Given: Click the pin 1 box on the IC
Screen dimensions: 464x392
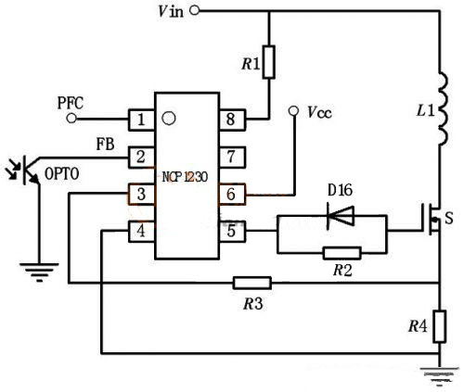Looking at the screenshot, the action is pyautogui.click(x=141, y=120).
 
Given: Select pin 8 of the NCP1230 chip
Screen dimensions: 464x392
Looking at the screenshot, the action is pyautogui.click(x=232, y=120).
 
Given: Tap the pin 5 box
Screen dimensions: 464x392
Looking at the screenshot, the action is pyautogui.click(x=232, y=231).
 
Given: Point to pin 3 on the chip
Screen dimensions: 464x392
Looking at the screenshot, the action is pyautogui.click(x=141, y=194).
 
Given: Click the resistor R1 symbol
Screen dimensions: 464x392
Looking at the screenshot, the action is pyautogui.click(x=269, y=62).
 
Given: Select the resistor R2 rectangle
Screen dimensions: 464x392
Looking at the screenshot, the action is pyautogui.click(x=342, y=253).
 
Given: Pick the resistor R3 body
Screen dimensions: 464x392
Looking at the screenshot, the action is pyautogui.click(x=252, y=283).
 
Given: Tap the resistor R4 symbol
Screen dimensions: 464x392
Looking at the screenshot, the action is pyautogui.click(x=439, y=326).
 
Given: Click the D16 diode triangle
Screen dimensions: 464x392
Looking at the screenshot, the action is pyautogui.click(x=341, y=215).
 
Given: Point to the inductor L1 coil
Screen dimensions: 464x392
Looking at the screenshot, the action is pyautogui.click(x=443, y=108).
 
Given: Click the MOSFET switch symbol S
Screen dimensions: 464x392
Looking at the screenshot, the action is pyautogui.click(x=432, y=219).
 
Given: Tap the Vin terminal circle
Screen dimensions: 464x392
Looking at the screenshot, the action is pyautogui.click(x=194, y=10).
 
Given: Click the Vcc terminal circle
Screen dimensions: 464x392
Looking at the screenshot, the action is pyautogui.click(x=293, y=110).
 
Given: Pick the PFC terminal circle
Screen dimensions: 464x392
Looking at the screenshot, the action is pyautogui.click(x=71, y=118).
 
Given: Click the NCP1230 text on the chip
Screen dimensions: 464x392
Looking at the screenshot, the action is pyautogui.click(x=185, y=177).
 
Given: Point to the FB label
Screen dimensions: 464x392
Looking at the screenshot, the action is pyautogui.click(x=105, y=144).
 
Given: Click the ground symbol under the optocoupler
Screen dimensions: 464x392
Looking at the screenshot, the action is pyautogui.click(x=39, y=272).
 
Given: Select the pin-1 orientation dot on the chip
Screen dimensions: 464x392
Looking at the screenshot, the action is pyautogui.click(x=169, y=118).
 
